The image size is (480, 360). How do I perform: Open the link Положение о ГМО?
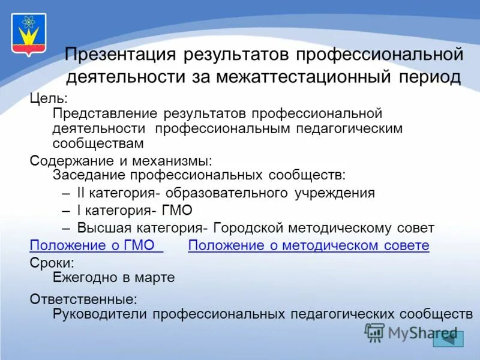96,245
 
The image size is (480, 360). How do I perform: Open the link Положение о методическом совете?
308,245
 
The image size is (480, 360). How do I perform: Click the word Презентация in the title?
120,55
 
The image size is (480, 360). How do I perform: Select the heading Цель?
47,98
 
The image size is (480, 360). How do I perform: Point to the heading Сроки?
52,262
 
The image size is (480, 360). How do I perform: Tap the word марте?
157,277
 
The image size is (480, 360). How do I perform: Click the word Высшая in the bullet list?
103,228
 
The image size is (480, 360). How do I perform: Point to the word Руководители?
100,313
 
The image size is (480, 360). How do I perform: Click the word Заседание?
89,175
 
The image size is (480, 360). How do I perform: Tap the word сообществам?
98,143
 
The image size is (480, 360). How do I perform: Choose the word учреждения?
335,193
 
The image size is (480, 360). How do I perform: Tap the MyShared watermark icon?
375,332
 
